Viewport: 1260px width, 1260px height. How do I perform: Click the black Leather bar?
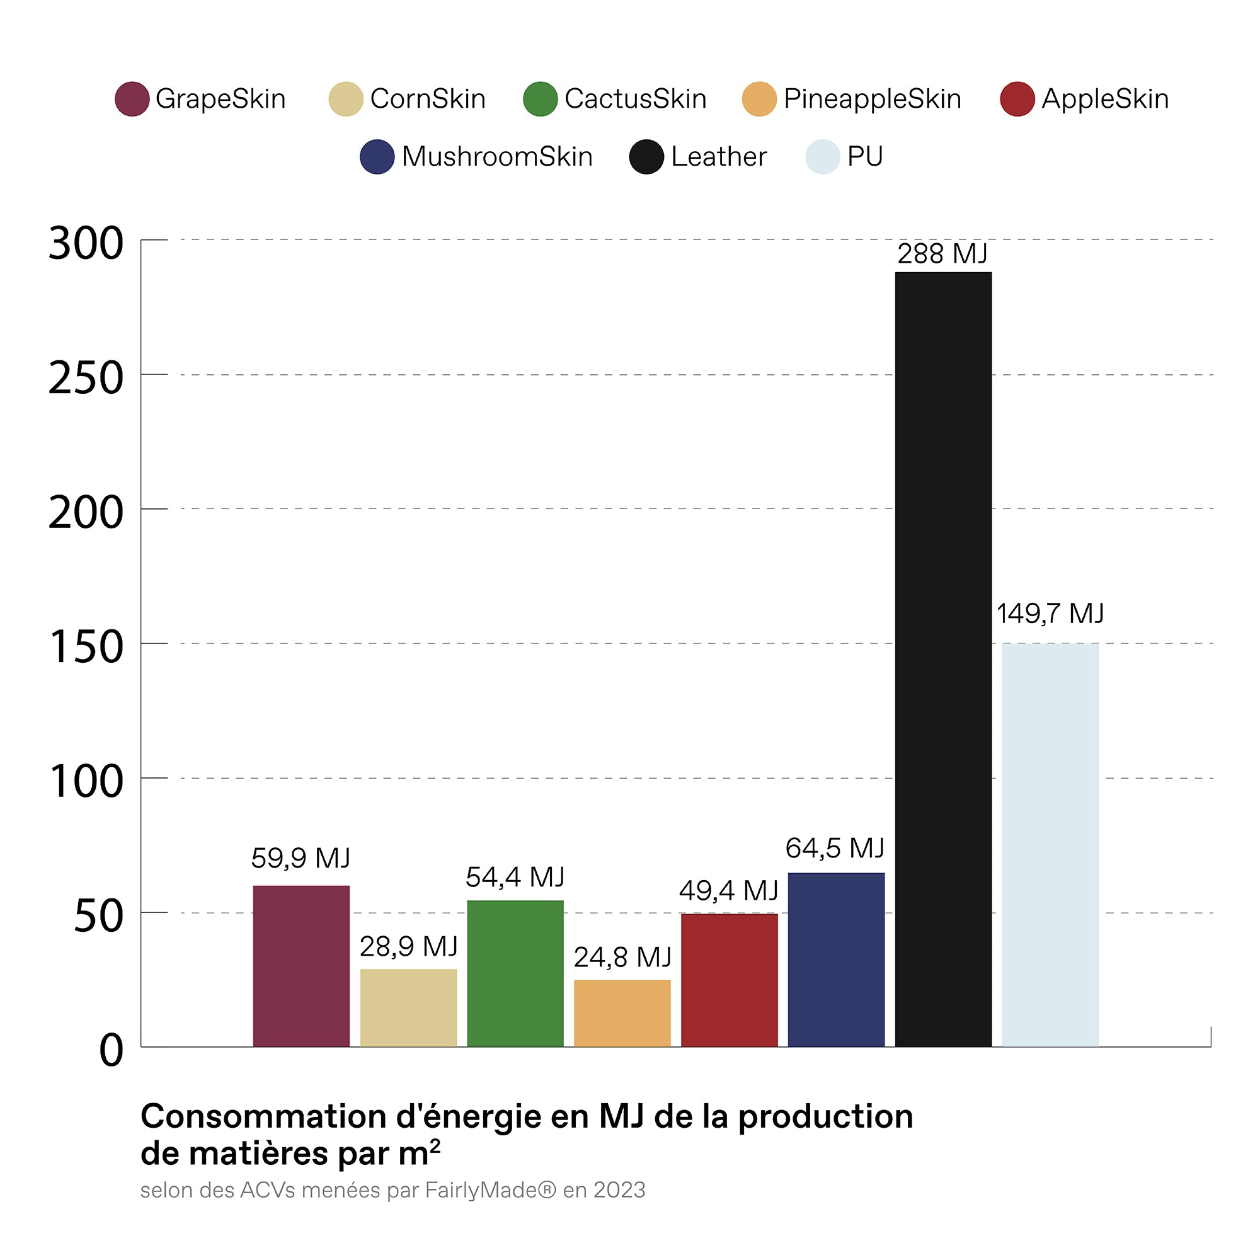click(943, 659)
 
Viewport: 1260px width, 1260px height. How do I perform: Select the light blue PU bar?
click(1050, 845)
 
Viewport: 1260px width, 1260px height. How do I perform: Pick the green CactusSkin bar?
click(515, 973)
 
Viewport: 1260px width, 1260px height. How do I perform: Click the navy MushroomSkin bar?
click(836, 959)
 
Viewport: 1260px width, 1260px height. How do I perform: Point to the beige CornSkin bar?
click(408, 1007)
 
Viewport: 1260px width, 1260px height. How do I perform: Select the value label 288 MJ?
click(942, 254)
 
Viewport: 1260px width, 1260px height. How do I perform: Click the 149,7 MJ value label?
click(1050, 614)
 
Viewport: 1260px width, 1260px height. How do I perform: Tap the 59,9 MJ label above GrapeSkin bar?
click(301, 858)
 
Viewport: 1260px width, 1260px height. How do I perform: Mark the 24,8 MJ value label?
click(622, 958)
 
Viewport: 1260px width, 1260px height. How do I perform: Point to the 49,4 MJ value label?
click(728, 891)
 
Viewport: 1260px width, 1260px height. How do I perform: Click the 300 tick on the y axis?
click(86, 243)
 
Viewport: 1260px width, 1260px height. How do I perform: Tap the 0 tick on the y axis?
click(111, 1050)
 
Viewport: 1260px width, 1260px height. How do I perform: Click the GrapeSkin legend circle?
click(132, 99)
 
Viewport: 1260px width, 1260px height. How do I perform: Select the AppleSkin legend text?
click(1105, 99)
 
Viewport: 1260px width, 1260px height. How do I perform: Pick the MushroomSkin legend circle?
click(377, 156)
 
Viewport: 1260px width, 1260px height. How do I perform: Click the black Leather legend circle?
click(646, 156)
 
